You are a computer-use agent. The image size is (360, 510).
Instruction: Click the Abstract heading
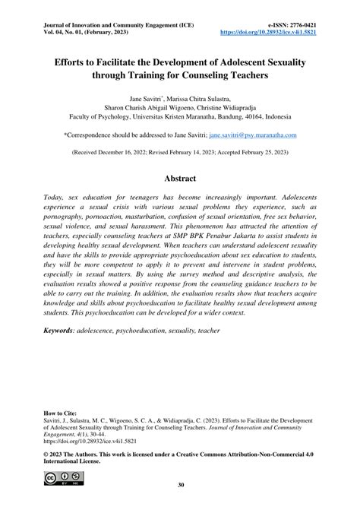[x=180, y=179]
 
